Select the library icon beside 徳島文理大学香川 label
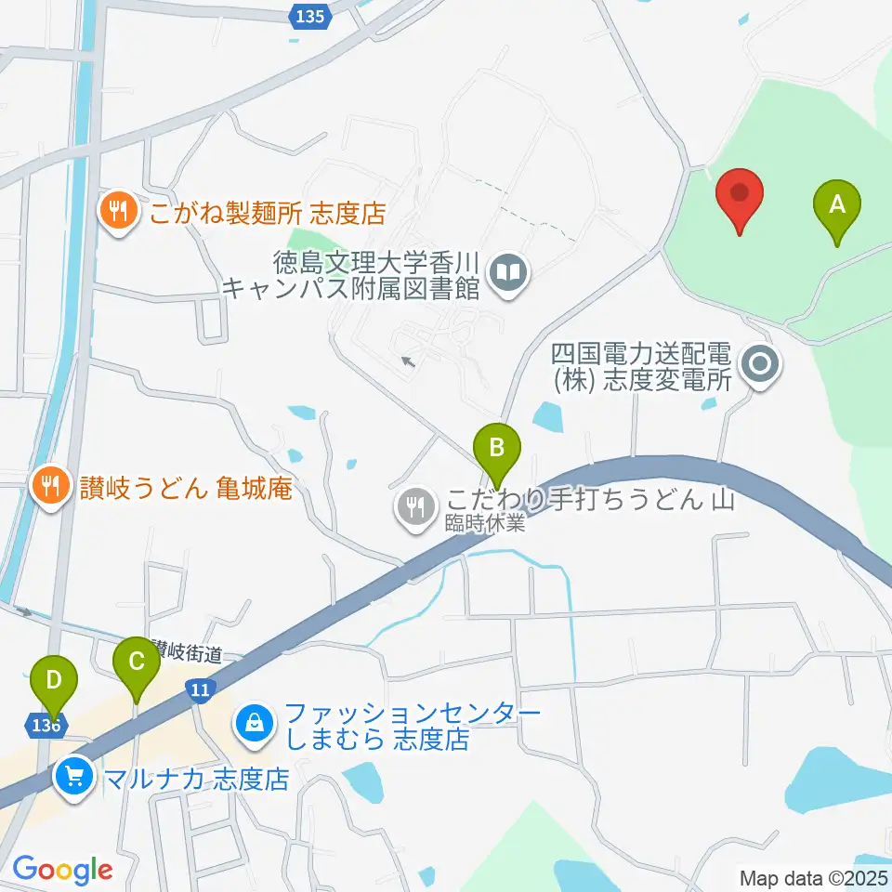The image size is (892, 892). coord(509,273)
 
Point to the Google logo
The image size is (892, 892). coord(62,870)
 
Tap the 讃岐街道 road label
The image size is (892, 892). coord(188,654)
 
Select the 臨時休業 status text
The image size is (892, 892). coord(492,524)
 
